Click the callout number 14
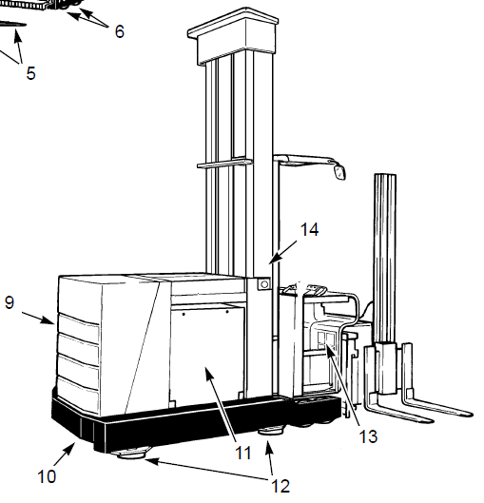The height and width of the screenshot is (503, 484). [x=309, y=230]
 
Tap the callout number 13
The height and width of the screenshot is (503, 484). [x=368, y=437]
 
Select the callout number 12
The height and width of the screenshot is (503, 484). [x=281, y=486]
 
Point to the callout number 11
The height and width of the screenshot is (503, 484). [x=243, y=454]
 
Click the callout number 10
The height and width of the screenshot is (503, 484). [x=47, y=476]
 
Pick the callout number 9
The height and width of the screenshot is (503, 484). [x=10, y=302]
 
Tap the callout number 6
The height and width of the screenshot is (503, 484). [x=119, y=31]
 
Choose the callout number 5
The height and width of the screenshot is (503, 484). [x=30, y=73]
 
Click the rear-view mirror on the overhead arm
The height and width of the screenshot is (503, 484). [x=339, y=171]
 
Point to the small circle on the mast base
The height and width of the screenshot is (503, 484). [x=264, y=284]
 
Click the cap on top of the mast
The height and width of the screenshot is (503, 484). [x=233, y=35]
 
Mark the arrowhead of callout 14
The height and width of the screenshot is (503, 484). [x=273, y=260]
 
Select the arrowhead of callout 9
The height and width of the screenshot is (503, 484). [x=48, y=320]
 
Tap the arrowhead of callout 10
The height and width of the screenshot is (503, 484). [x=71, y=447]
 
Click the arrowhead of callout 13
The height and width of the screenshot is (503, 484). [x=329, y=349]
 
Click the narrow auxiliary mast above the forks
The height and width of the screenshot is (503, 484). [x=385, y=260]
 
